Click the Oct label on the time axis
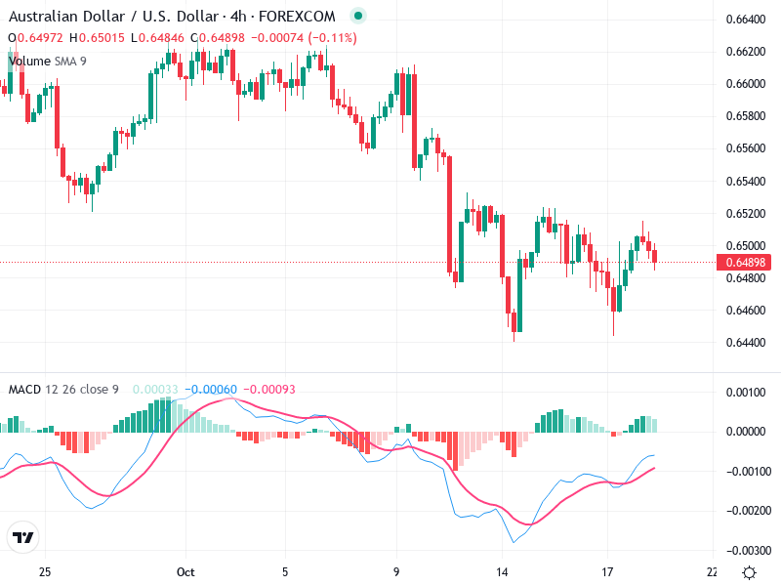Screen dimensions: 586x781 (187, 571)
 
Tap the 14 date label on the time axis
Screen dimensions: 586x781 (503, 571)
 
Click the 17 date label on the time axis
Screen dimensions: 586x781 (607, 571)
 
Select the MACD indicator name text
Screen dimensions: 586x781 (24, 390)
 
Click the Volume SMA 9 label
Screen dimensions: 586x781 (47, 61)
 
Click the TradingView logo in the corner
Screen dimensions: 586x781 (22, 538)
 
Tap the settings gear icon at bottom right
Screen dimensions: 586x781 (749, 571)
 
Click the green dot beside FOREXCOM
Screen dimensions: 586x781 (358, 17)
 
